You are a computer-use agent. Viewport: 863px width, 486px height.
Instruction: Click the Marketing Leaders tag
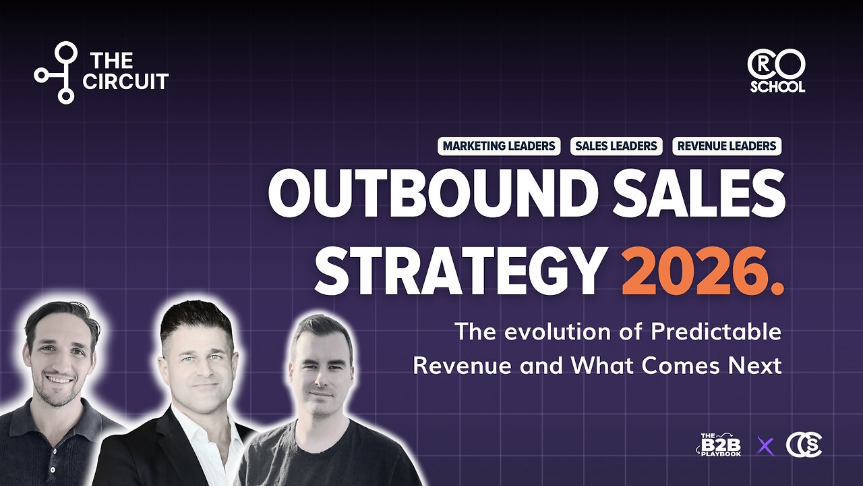pos(499,146)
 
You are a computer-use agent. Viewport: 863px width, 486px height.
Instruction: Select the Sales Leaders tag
pos(616,146)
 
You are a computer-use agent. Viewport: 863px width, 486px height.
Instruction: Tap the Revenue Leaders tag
pos(727,146)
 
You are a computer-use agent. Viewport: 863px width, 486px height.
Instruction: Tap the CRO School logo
pos(776,72)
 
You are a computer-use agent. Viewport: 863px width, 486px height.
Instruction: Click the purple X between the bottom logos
pos(764,446)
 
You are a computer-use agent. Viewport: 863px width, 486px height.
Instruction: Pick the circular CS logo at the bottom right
pos(804,446)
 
